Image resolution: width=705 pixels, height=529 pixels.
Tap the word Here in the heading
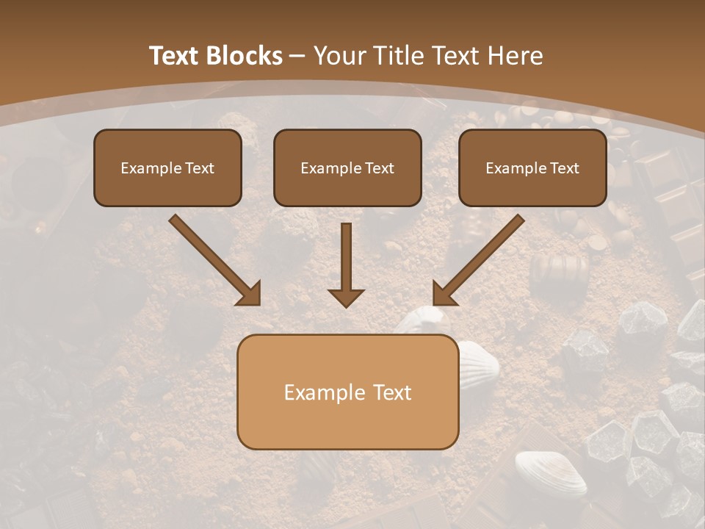point(515,56)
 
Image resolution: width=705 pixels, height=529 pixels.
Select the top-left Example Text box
point(167,168)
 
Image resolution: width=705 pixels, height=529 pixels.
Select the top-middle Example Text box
point(347,168)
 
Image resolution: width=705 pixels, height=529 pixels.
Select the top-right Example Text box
point(532,168)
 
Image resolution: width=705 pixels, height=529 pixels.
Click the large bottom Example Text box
point(347,392)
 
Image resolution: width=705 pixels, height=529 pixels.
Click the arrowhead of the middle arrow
point(346,297)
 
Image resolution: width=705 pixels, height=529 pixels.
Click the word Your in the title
point(339,56)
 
